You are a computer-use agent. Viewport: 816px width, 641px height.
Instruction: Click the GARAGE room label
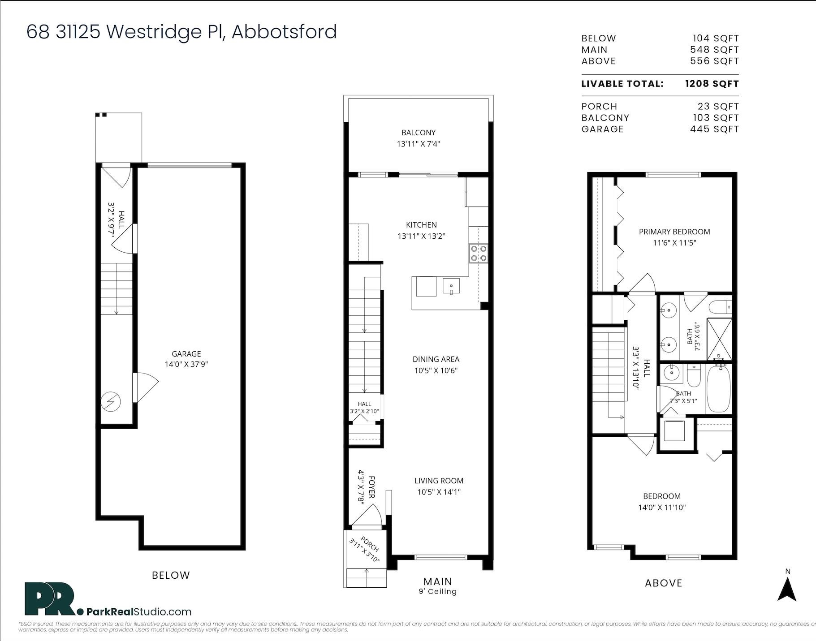186,354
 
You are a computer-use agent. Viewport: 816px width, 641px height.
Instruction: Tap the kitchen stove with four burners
478,253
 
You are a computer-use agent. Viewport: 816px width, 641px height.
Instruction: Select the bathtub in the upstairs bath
718,388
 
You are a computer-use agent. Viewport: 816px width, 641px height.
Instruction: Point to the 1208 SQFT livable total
712,84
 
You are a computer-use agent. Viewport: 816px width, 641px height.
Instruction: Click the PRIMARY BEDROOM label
674,232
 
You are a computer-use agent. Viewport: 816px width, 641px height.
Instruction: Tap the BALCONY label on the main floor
419,133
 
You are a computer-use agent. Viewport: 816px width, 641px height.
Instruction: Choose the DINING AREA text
436,359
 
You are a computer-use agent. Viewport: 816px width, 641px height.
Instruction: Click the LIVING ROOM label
439,481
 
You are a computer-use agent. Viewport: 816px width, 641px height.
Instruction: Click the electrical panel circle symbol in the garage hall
110,402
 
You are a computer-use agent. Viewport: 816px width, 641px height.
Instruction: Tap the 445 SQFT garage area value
714,129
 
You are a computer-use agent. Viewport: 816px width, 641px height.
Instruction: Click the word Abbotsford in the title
284,32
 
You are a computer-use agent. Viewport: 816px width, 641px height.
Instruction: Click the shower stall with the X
719,339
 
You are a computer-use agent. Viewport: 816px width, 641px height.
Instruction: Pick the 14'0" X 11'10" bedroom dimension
662,508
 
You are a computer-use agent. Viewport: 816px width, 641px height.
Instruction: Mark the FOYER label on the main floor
371,487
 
